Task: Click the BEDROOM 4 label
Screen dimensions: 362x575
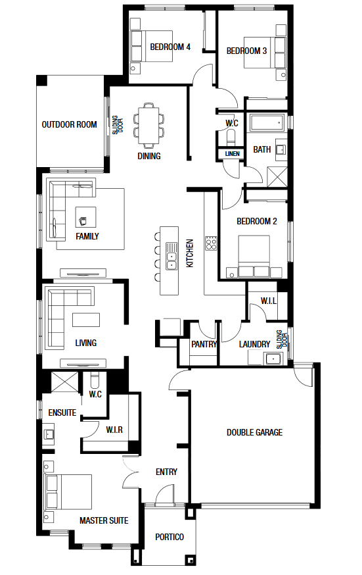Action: [x=170, y=47]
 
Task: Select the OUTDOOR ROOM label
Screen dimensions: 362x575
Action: [x=69, y=125]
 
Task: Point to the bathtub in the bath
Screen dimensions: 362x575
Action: [x=267, y=122]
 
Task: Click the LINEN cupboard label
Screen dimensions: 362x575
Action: [x=233, y=154]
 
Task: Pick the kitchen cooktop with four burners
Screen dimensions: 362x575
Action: [x=211, y=243]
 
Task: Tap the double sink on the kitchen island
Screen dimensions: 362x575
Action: [x=171, y=256]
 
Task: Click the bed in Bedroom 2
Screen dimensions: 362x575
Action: [x=254, y=256]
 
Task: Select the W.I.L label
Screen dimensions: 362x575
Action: [x=268, y=301]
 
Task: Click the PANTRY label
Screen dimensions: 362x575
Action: [x=204, y=344]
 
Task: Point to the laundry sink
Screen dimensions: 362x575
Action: [x=273, y=359]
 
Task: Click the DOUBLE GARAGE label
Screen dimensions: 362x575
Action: [x=254, y=432]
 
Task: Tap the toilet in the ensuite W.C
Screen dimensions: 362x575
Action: [x=95, y=380]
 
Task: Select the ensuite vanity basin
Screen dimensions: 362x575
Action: [x=49, y=434]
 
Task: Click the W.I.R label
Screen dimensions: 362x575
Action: [x=114, y=430]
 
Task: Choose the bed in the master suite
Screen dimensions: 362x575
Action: [x=68, y=491]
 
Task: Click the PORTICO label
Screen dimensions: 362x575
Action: [x=170, y=537]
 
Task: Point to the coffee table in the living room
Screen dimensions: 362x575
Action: [x=86, y=319]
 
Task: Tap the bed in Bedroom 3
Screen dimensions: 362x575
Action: [x=265, y=52]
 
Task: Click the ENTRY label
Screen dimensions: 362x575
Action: [x=166, y=472]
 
